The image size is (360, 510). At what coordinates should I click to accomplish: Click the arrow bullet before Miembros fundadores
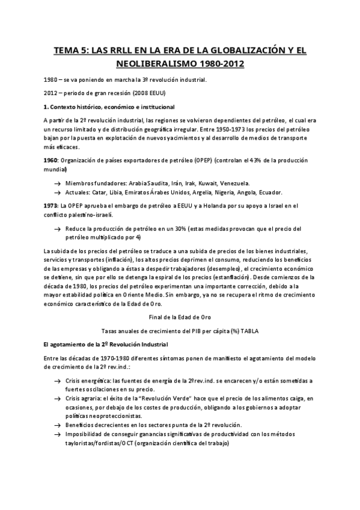tap(56, 183)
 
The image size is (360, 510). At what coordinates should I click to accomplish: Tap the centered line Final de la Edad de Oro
tap(180, 316)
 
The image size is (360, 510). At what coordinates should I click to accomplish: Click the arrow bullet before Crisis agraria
tap(56, 398)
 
